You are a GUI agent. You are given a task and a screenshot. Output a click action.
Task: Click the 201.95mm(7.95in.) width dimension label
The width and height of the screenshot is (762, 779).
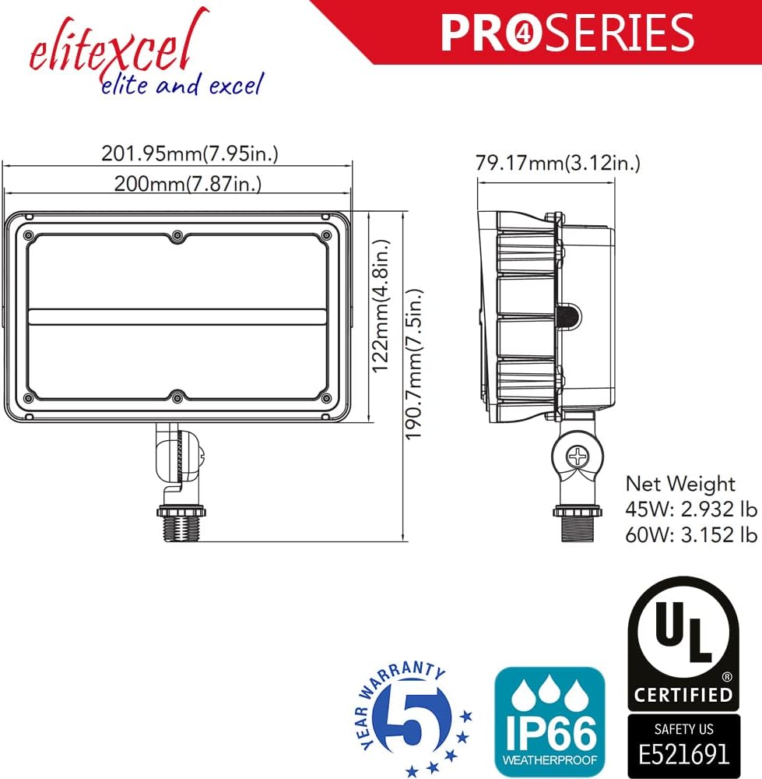(x=190, y=153)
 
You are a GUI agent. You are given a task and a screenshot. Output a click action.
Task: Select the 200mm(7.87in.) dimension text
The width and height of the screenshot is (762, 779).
(x=188, y=184)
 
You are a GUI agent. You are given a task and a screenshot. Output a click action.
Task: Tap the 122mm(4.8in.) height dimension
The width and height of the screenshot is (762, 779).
(x=381, y=306)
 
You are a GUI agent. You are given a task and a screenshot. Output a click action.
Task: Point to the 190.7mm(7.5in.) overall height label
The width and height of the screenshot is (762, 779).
(x=413, y=364)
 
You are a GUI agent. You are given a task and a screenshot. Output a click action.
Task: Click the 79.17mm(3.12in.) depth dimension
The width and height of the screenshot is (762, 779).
(x=558, y=163)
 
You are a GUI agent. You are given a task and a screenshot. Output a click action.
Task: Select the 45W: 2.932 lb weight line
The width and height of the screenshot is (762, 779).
(x=691, y=509)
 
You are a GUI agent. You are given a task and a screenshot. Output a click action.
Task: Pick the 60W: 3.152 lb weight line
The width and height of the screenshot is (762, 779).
(x=691, y=535)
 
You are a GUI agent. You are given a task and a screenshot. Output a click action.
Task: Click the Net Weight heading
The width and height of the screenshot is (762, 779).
(x=679, y=484)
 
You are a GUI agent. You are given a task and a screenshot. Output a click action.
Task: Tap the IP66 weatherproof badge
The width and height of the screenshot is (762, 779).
(x=550, y=721)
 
